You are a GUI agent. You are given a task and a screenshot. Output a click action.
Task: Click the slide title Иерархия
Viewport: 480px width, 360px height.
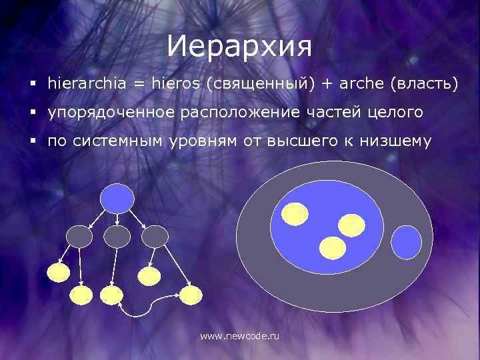239,46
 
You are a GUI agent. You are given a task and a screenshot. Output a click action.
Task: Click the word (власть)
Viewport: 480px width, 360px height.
425,84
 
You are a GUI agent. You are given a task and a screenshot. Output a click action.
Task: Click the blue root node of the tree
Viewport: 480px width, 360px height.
117,197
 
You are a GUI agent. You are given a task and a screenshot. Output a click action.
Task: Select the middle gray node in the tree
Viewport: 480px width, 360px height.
117,235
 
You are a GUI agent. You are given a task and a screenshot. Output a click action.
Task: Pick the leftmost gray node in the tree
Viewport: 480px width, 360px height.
79,235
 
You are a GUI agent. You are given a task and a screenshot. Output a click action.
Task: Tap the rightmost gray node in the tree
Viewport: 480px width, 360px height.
155,235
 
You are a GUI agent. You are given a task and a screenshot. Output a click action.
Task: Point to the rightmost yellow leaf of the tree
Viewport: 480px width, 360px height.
190,295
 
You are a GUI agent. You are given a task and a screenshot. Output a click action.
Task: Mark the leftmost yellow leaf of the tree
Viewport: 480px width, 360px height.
58,271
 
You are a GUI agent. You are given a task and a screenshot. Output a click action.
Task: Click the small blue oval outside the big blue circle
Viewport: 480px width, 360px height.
406,242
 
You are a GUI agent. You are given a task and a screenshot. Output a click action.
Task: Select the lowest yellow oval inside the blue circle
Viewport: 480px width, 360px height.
333,248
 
